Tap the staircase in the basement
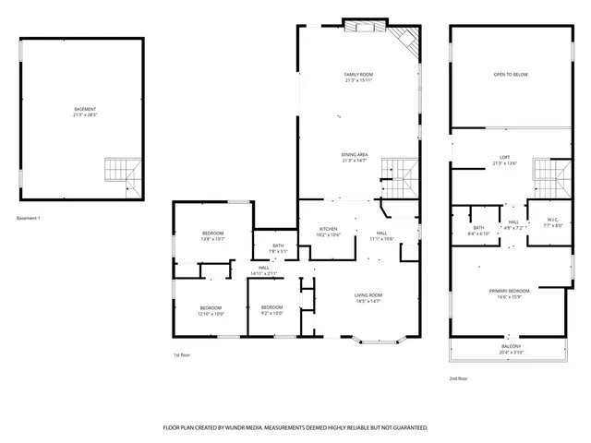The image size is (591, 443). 122,173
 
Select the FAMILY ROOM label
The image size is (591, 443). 358,76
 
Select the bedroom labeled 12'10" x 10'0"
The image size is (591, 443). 211,310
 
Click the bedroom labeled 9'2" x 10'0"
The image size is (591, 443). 271,309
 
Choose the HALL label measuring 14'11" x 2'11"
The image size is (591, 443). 263,269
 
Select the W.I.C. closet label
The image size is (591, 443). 552,222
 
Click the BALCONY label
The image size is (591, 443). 511,349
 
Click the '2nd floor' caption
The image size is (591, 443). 459,378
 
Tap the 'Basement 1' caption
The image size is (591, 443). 29,218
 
